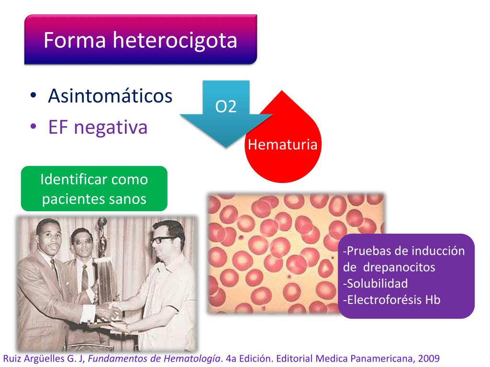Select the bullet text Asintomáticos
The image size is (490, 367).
pyautogui.click(x=110, y=96)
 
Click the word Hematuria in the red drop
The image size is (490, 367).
pyautogui.click(x=282, y=144)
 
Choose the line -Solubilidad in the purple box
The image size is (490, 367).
pyautogui.click(x=376, y=283)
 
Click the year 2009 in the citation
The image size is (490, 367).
pyautogui.click(x=428, y=358)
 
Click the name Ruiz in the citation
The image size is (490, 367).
pyautogui.click(x=12, y=358)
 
